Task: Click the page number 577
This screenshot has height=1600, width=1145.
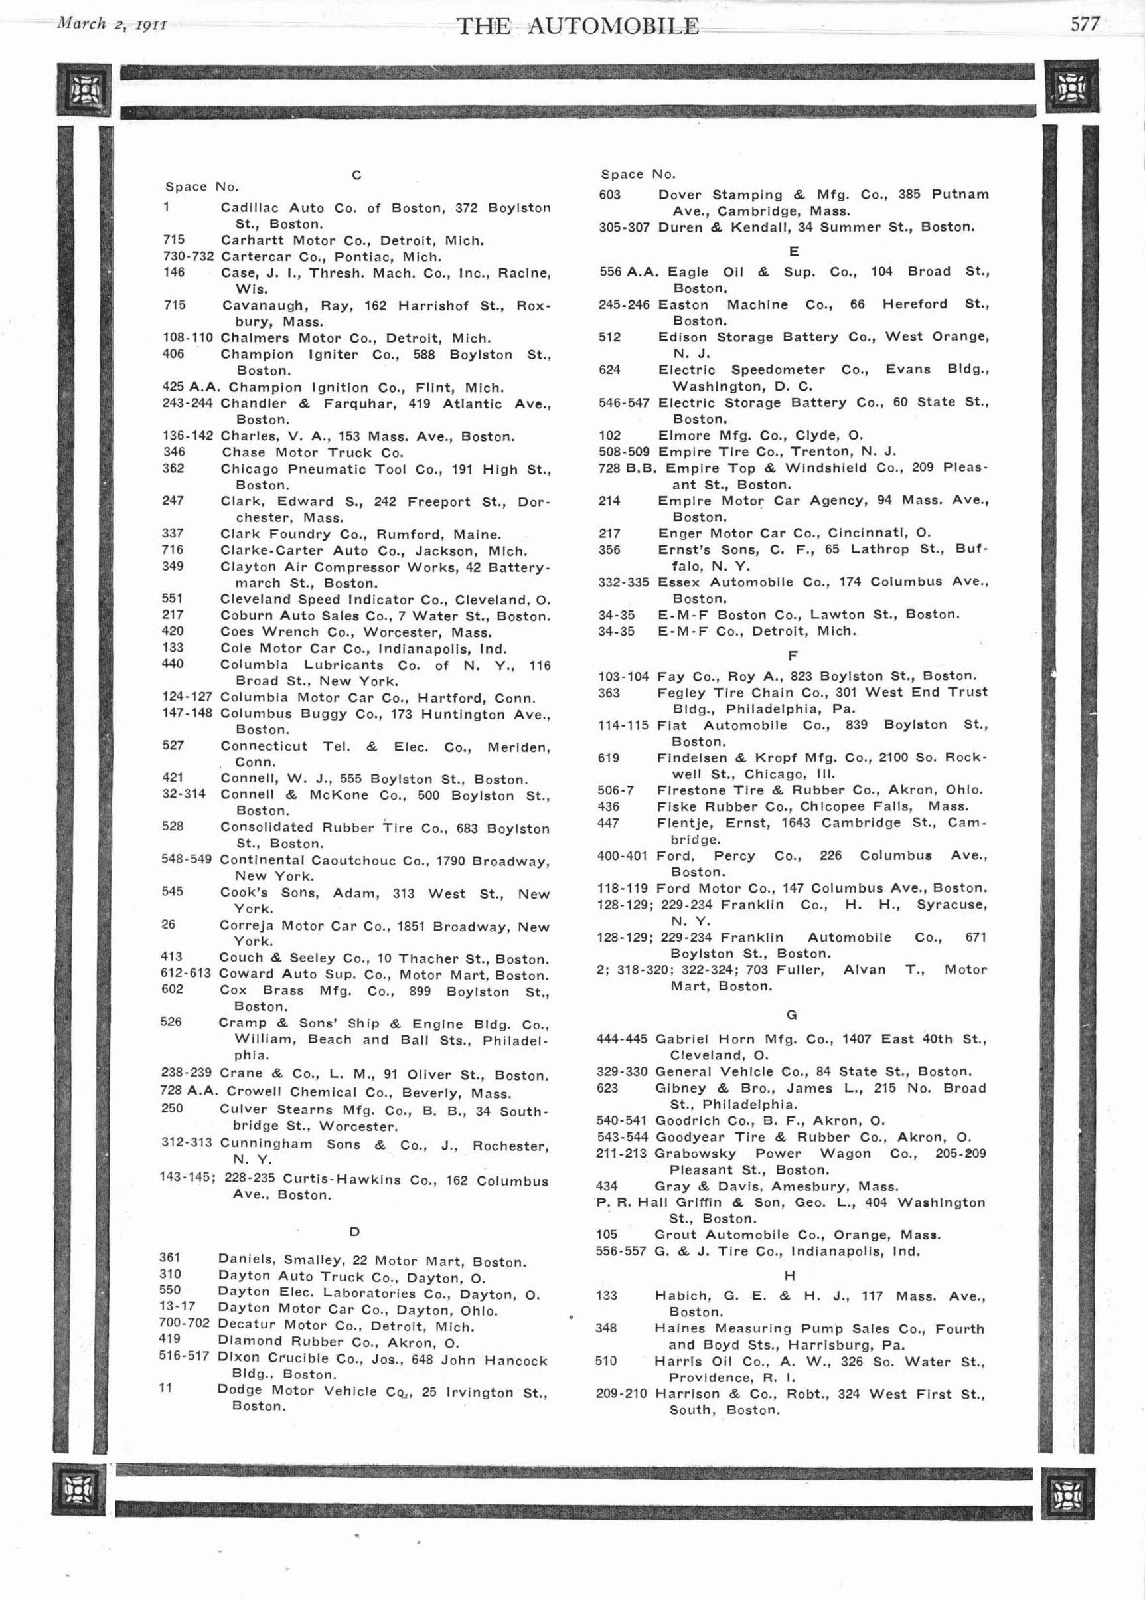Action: pyautogui.click(x=1085, y=25)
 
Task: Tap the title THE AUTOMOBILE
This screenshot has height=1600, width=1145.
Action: pyautogui.click(x=577, y=27)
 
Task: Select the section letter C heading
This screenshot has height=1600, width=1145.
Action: pyautogui.click(x=356, y=175)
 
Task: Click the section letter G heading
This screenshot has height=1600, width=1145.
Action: pyautogui.click(x=791, y=1014)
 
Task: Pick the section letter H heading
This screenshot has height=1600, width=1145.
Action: pyautogui.click(x=790, y=1275)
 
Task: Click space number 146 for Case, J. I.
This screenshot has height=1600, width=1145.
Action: pyautogui.click(x=173, y=272)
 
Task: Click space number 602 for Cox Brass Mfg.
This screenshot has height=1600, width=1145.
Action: pyautogui.click(x=172, y=989)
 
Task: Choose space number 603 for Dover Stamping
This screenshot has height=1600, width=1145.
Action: pyautogui.click(x=610, y=195)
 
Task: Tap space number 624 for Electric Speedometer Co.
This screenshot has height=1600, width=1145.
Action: pyautogui.click(x=609, y=370)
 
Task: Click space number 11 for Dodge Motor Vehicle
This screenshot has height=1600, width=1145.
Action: pyautogui.click(x=165, y=1388)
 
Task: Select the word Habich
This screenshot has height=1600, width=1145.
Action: pyautogui.click(x=676, y=1296)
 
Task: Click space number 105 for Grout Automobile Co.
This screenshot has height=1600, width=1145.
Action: pyautogui.click(x=606, y=1235)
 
